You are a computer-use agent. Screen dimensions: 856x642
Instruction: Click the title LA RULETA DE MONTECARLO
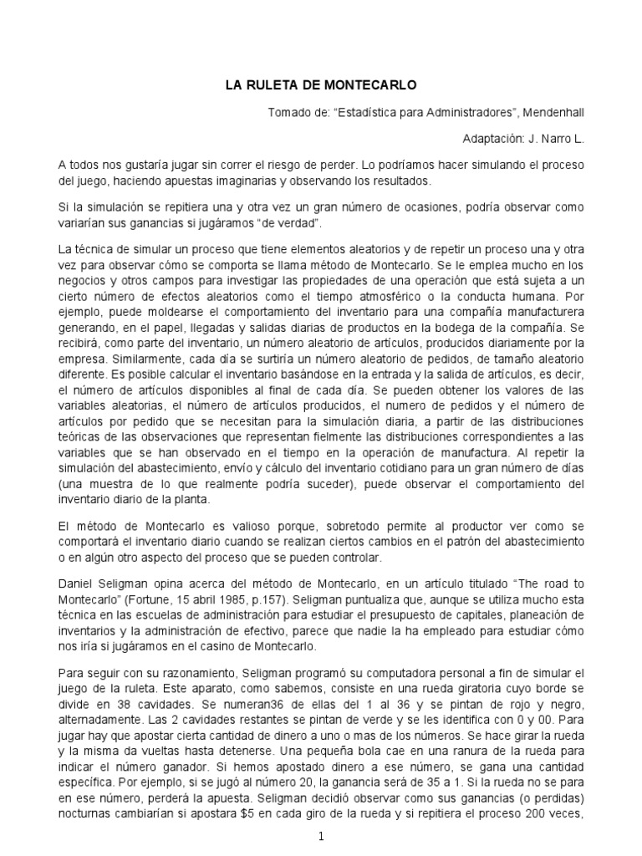coord(321,84)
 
